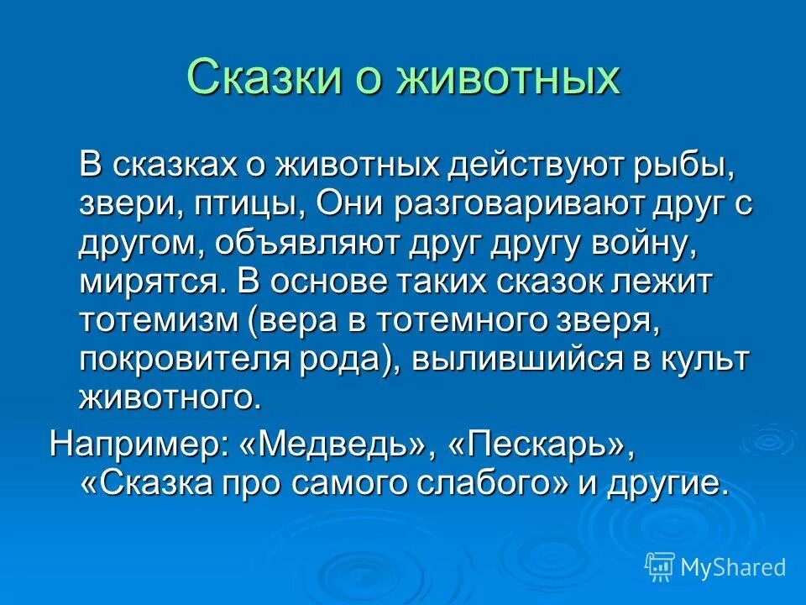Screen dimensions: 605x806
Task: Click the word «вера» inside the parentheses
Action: point(307,319)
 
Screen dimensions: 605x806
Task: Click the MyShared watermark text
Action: point(733,567)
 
